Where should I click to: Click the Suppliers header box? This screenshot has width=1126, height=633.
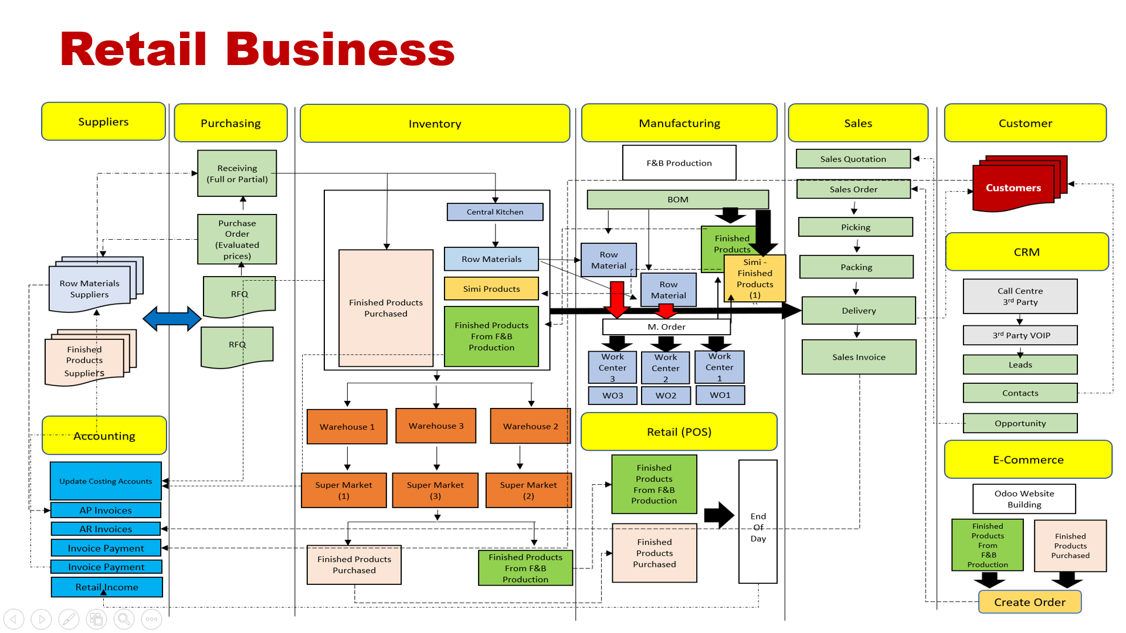(103, 121)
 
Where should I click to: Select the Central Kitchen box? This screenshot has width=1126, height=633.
(495, 212)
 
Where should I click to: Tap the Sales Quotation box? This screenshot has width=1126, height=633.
(853, 159)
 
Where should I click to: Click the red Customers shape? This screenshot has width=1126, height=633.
(1013, 188)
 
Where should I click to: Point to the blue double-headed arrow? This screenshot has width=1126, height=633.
(172, 319)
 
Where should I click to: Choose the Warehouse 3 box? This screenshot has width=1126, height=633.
(436, 426)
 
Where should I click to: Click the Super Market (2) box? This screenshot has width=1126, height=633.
(528, 490)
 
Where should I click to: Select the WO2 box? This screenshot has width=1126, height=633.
(666, 396)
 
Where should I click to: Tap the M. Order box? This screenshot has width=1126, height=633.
(666, 327)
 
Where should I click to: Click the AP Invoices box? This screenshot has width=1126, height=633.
(106, 510)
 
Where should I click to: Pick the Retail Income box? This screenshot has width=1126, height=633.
(107, 587)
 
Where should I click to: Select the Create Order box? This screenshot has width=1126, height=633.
(1030, 602)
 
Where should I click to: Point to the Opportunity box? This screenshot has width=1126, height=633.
(1020, 423)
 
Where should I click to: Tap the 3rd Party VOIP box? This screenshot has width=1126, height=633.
(1020, 335)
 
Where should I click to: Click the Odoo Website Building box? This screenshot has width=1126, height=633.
(1024, 499)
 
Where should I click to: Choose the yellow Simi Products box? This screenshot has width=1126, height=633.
(491, 288)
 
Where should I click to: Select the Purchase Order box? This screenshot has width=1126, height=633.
(237, 239)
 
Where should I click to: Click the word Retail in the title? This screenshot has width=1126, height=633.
(134, 49)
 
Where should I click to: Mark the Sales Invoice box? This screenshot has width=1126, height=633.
(859, 357)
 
